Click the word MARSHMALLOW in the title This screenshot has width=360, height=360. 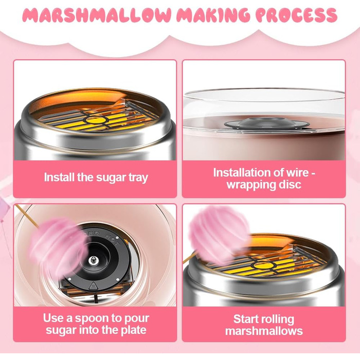tap(97, 15)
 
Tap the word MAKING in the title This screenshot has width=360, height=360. tap(212, 15)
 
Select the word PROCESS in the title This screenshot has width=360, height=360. tap(296, 15)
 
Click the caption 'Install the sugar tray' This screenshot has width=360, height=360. tap(96, 177)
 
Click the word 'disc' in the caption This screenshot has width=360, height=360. tap(290, 185)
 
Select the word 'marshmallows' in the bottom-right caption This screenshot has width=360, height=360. tap(264, 331)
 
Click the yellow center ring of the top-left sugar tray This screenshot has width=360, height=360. tap(95, 119)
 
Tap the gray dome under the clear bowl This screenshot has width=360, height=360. tap(266, 123)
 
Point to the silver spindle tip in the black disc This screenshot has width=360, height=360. tap(93, 260)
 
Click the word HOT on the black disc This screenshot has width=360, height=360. tap(112, 240)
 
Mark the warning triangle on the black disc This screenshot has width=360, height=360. tap(93, 285)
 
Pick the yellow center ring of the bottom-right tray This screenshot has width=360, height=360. tap(263, 266)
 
